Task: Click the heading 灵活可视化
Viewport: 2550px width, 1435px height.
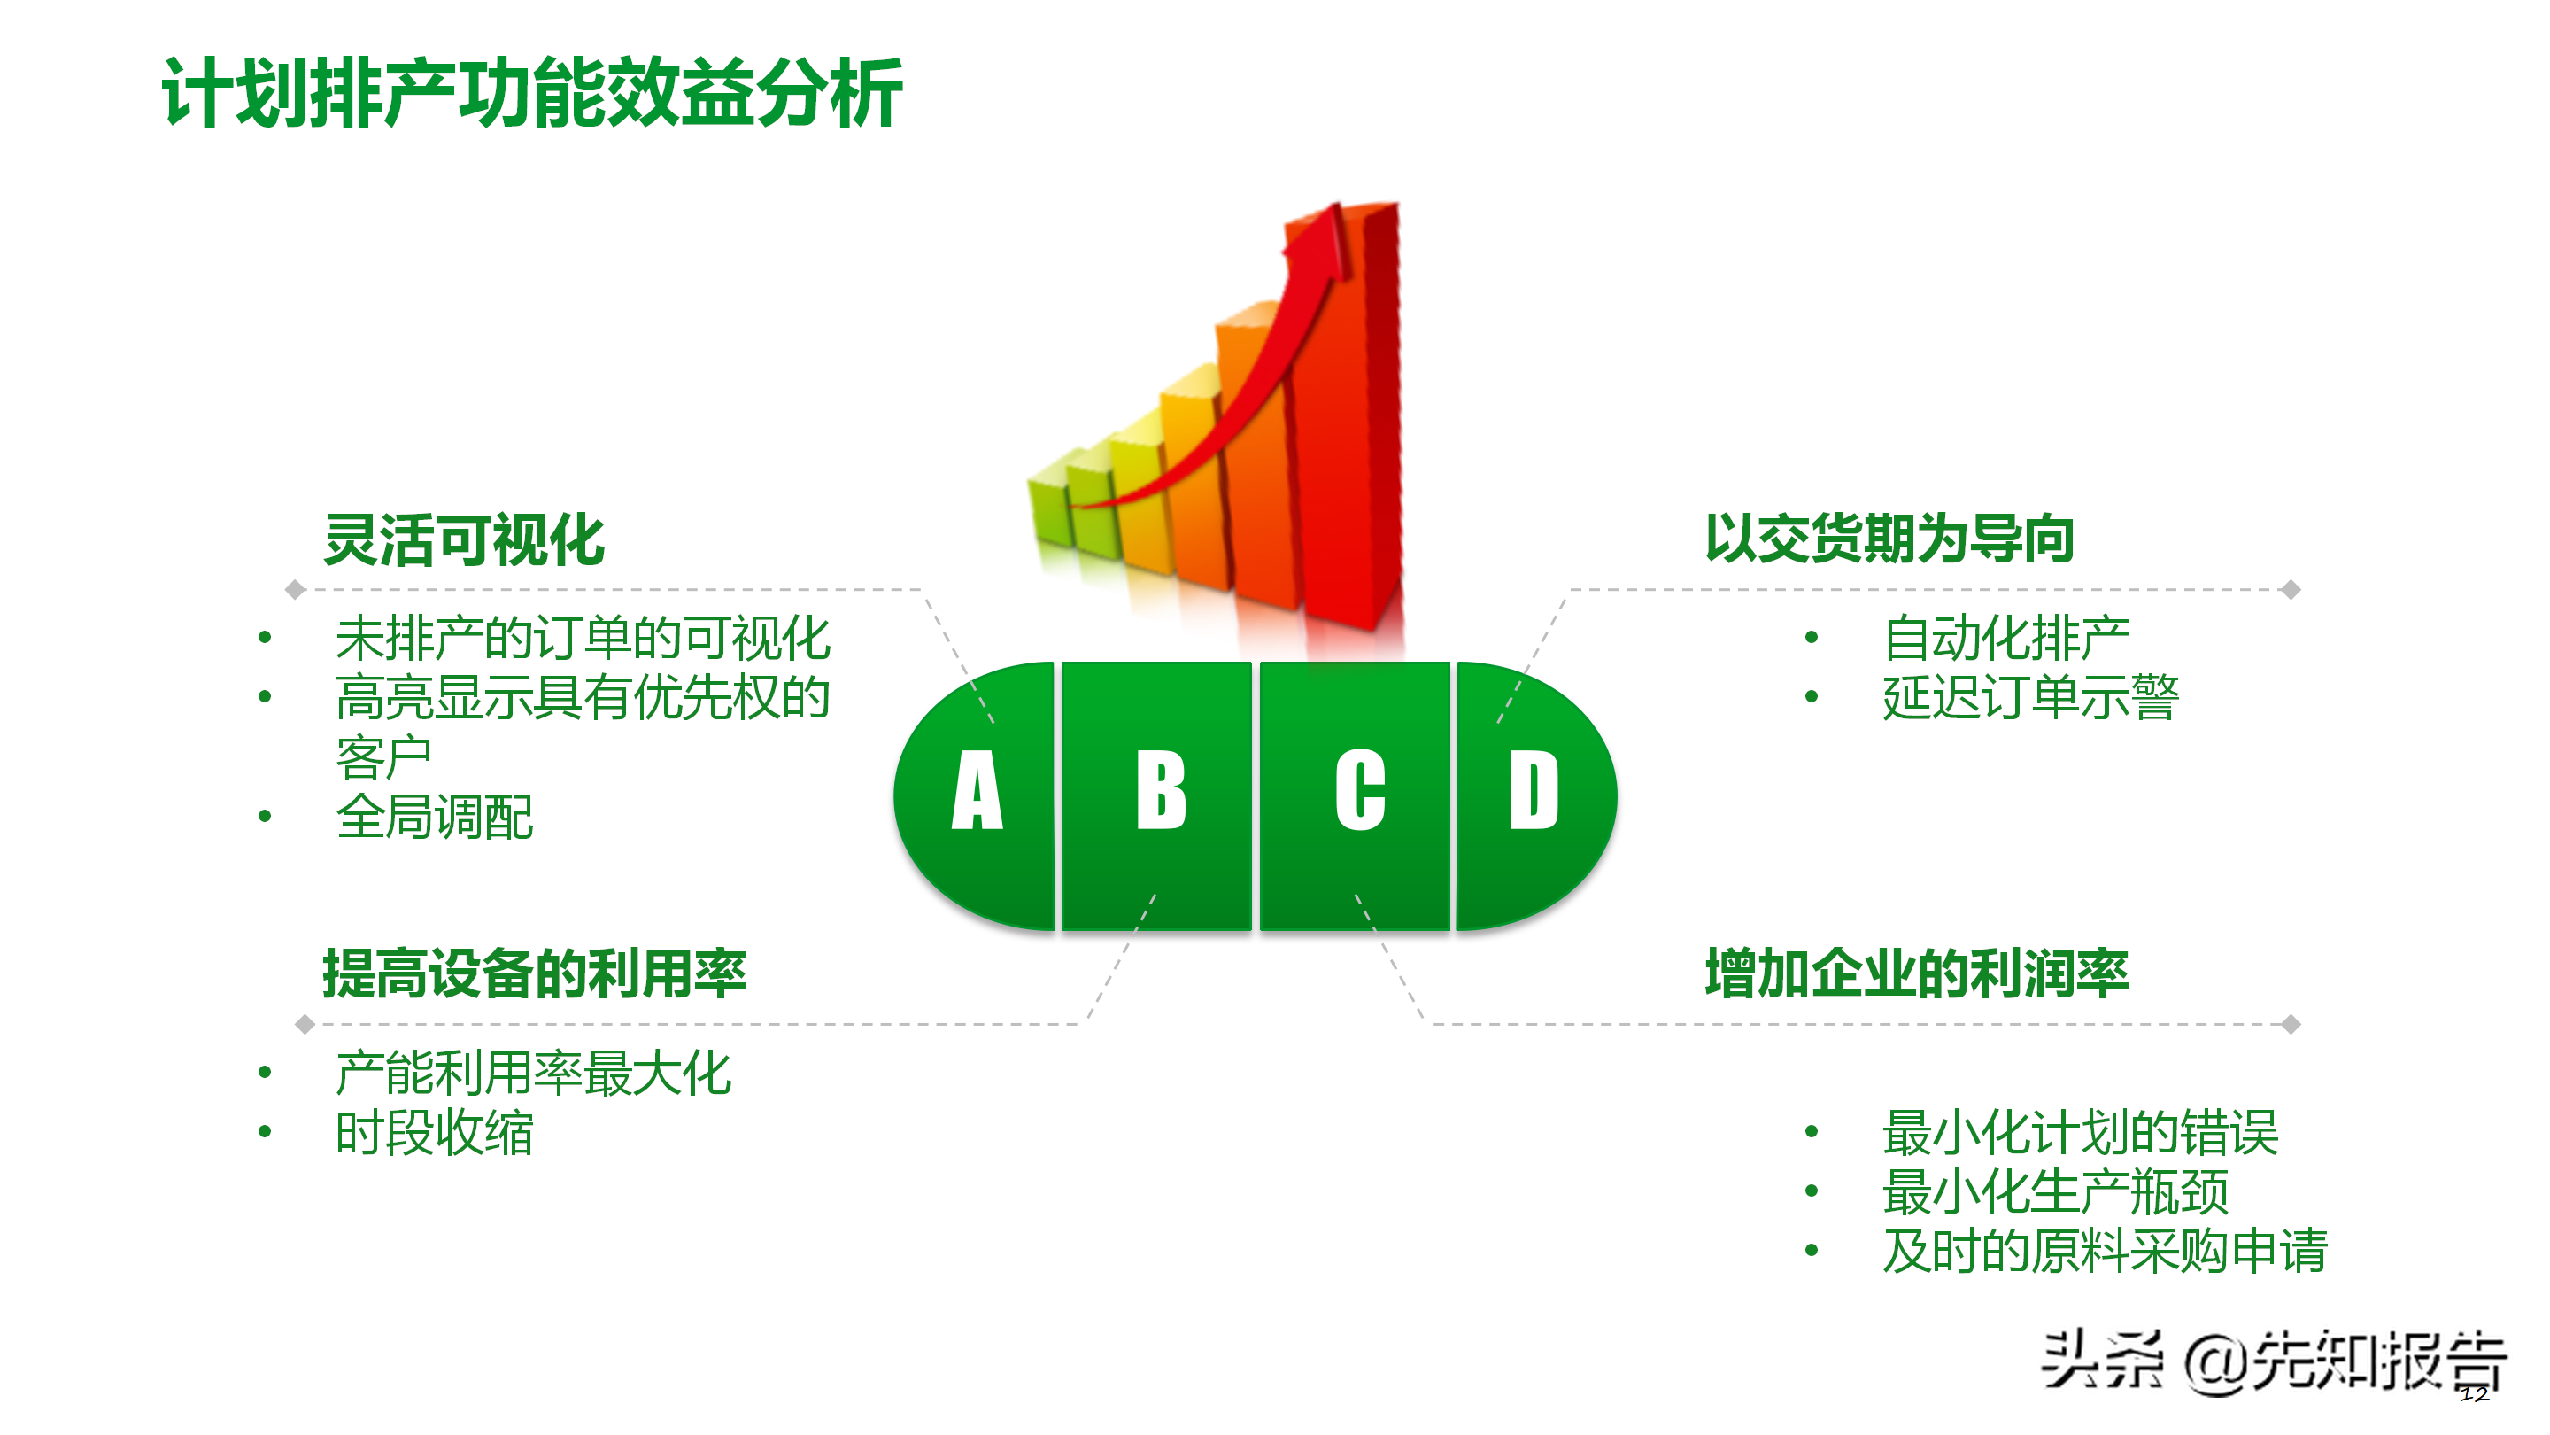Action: [x=464, y=539]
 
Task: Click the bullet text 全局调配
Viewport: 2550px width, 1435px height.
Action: [x=435, y=818]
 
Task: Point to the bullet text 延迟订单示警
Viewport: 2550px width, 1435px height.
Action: [x=2030, y=697]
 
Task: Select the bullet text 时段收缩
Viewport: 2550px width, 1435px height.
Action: [x=435, y=1133]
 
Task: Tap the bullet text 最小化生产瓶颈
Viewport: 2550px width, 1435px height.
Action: [x=2055, y=1191]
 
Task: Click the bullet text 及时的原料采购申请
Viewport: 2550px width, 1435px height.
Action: [x=2105, y=1251]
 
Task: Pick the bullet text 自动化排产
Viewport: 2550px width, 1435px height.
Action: [x=2005, y=638]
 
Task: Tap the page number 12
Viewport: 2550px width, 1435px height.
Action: [x=2474, y=1394]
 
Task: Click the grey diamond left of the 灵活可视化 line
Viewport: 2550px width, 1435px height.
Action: [x=295, y=590]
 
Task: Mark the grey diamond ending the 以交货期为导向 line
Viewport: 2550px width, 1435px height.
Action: [x=2290, y=590]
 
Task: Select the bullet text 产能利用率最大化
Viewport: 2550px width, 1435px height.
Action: [x=534, y=1074]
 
